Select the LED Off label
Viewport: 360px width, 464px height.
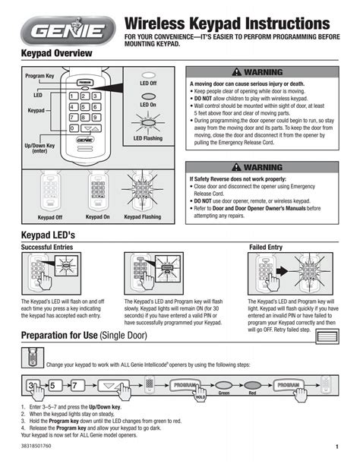point(148,82)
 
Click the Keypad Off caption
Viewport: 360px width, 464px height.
point(50,217)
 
